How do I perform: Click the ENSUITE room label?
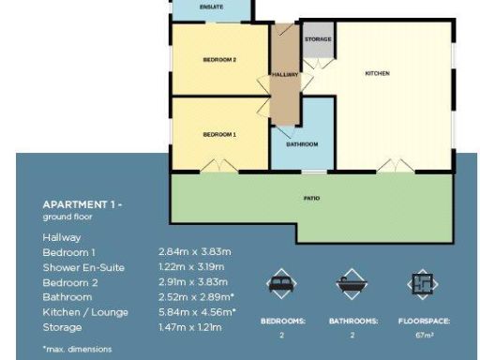212,7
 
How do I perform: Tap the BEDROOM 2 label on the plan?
219,60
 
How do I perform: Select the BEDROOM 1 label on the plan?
219,134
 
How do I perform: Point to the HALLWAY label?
284,74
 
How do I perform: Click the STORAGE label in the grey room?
318,39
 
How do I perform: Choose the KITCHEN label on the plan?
377,73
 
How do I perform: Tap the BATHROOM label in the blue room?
302,144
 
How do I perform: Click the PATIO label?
311,199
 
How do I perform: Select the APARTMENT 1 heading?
82,204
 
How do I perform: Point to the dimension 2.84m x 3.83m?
195,252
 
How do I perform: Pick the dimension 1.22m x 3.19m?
195,267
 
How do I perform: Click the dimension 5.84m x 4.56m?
197,312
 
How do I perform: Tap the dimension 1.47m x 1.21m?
190,327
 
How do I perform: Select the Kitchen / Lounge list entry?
85,312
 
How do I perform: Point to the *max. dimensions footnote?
77,349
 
